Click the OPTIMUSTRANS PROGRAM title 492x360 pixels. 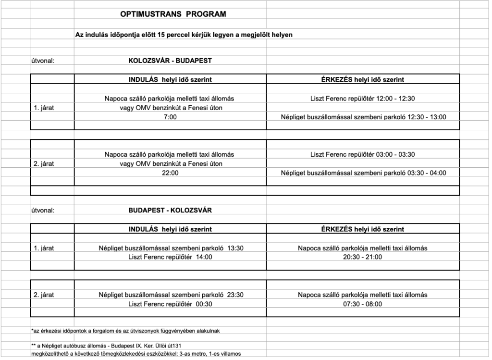pyautogui.click(x=172, y=14)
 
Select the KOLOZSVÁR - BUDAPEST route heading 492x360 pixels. pyautogui.click(x=170, y=61)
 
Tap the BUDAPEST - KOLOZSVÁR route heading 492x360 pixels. pyautogui.click(x=170, y=211)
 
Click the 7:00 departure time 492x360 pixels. pyautogui.click(x=170, y=117)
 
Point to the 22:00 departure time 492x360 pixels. pyautogui.click(x=170, y=173)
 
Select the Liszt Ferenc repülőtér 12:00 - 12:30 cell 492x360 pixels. pyautogui.click(x=362, y=99)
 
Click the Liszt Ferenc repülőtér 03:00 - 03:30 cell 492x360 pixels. pyautogui.click(x=362, y=155)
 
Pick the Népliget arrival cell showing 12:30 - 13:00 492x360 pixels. pyautogui.click(x=363, y=117)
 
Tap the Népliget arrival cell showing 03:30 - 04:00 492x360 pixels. pyautogui.click(x=363, y=173)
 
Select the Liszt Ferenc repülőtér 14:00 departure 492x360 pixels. pyautogui.click(x=170, y=257)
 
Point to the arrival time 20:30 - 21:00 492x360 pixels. pyautogui.click(x=362, y=257)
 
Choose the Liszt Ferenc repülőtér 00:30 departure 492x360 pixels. pyautogui.click(x=170, y=304)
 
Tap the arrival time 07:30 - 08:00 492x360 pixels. pyautogui.click(x=362, y=304)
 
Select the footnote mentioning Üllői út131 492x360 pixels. pyautogui.click(x=106, y=346)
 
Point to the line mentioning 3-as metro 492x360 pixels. pyautogui.click(x=135, y=355)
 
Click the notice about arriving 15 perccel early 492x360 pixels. pyautogui.click(x=184, y=35)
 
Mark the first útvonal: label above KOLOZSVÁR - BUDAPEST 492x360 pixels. pyautogui.click(x=43, y=61)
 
